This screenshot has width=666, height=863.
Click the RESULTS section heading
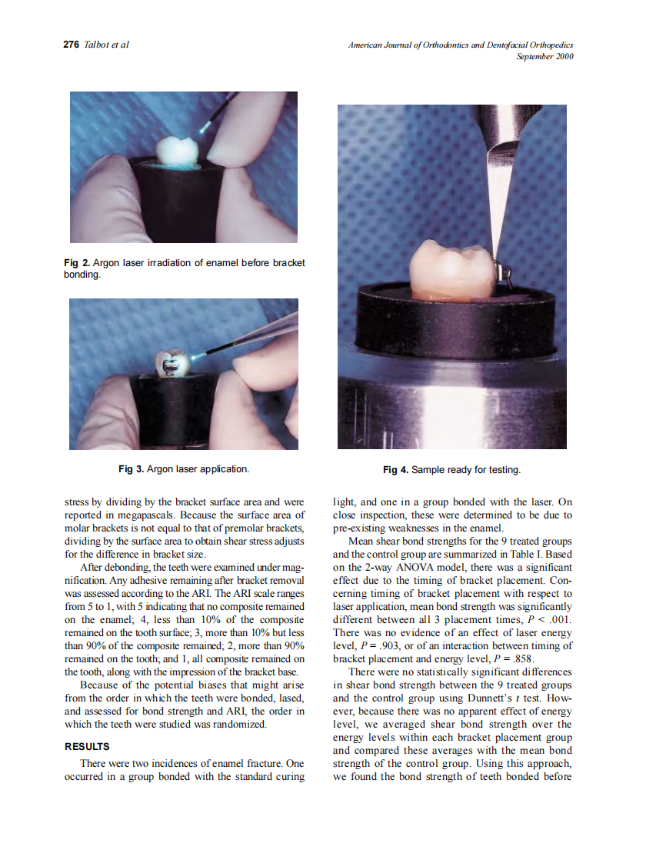[87, 746]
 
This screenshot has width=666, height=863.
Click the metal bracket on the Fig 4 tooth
[505, 273]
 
